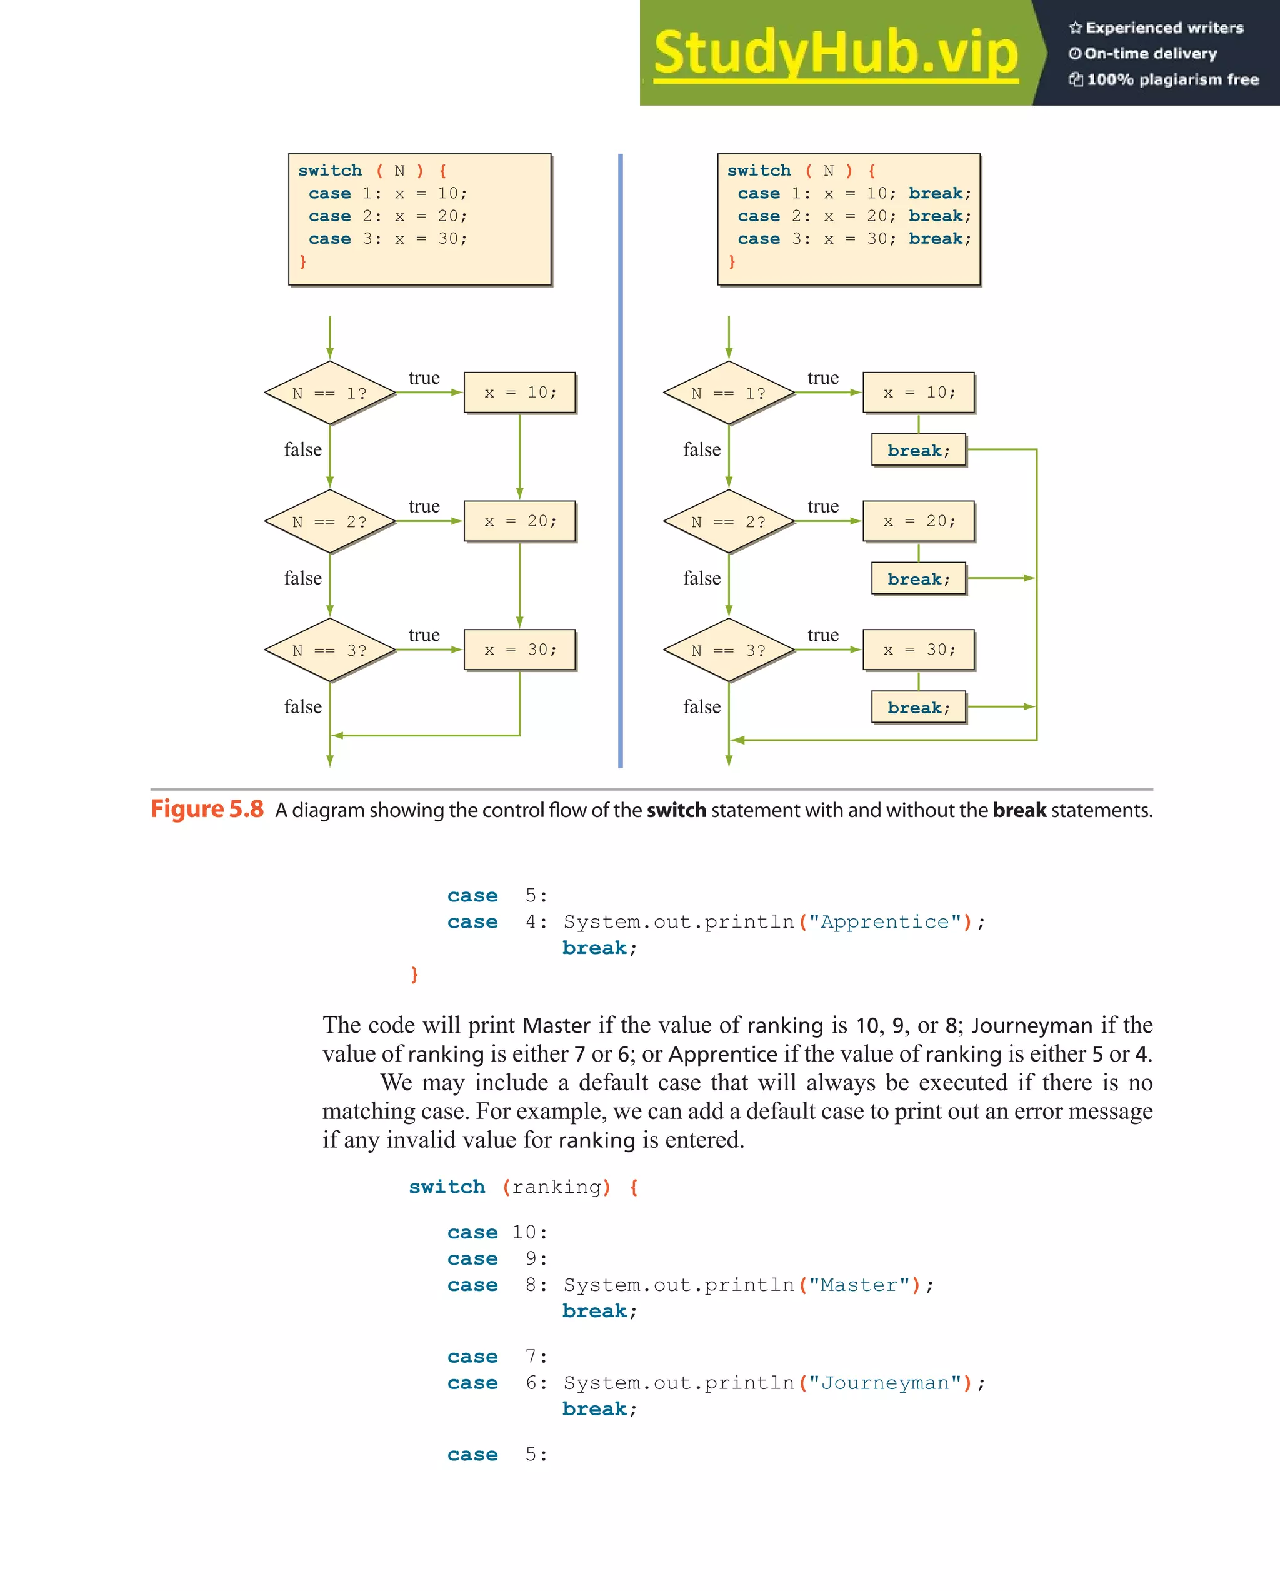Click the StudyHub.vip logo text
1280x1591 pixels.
click(835, 53)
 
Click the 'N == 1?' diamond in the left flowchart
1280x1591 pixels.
click(330, 393)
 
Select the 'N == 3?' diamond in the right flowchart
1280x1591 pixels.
click(728, 650)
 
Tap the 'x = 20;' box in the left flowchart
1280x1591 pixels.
click(519, 521)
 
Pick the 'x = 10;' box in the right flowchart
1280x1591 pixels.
click(919, 393)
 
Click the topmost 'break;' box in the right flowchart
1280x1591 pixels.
click(919, 450)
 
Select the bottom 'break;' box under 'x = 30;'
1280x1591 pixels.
click(919, 708)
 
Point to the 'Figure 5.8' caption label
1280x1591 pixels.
click(207, 810)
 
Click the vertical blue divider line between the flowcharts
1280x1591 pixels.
click(621, 461)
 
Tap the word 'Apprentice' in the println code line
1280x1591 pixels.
click(884, 921)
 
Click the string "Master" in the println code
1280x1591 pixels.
click(859, 1285)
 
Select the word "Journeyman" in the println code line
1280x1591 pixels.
click(884, 1383)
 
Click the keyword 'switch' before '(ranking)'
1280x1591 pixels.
click(447, 1187)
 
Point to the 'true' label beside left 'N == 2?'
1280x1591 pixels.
click(424, 506)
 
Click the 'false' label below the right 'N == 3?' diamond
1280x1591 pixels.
click(702, 707)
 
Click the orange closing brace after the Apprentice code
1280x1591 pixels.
click(414, 974)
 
